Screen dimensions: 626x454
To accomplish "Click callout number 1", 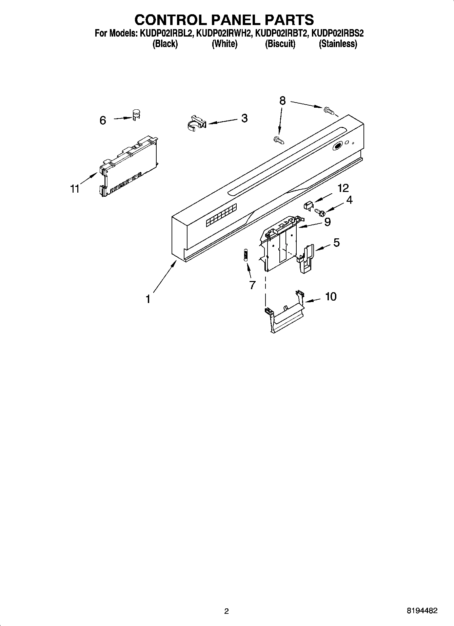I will click(x=148, y=299).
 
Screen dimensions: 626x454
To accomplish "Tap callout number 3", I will click(x=244, y=118).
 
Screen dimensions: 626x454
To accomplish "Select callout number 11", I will click(x=75, y=188).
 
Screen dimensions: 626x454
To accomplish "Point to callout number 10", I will click(x=331, y=297).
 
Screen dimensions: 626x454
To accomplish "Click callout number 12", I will click(x=343, y=188).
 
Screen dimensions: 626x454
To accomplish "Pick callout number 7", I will click(x=252, y=285).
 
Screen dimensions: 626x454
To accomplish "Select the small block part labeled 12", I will click(x=308, y=205).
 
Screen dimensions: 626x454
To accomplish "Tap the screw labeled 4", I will click(x=320, y=213).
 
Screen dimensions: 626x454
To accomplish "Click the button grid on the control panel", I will click(x=221, y=215).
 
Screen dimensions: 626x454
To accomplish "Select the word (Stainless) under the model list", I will click(x=338, y=44).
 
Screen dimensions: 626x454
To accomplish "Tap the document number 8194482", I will click(x=422, y=611).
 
